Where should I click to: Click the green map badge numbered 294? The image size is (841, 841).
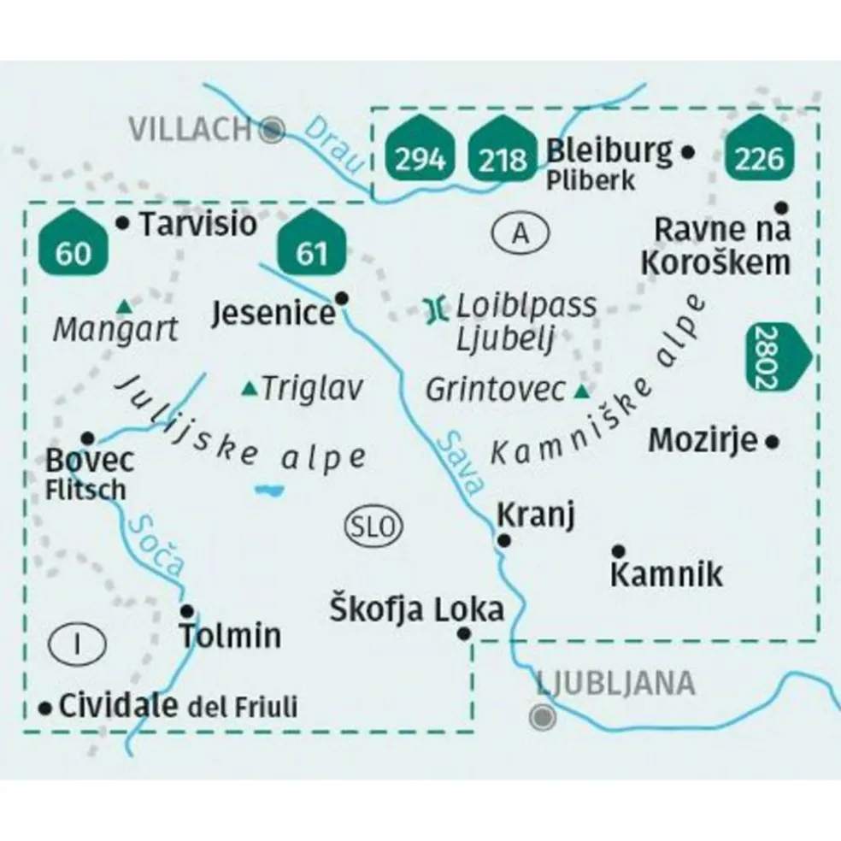(x=420, y=152)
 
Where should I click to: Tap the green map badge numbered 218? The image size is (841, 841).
(x=503, y=152)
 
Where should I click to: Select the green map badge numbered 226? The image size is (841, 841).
(x=760, y=152)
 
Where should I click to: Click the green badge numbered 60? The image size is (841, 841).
(x=73, y=246)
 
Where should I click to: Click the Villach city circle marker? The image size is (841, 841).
(x=273, y=130)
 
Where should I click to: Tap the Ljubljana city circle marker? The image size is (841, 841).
(x=542, y=715)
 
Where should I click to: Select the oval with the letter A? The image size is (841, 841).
(x=521, y=232)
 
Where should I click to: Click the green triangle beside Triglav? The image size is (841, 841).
(x=250, y=390)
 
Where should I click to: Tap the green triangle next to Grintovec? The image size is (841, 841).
(x=582, y=392)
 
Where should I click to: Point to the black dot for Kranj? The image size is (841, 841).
(x=504, y=540)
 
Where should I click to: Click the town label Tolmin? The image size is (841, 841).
(x=229, y=636)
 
